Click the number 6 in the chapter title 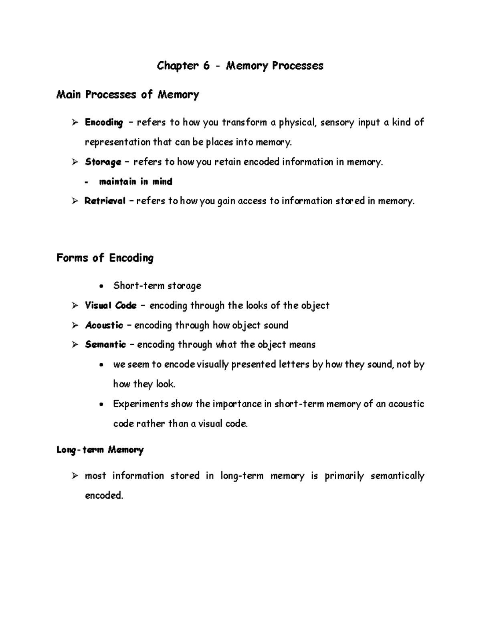(206, 66)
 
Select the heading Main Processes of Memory (127, 95)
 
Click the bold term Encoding (104, 123)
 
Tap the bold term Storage (103, 162)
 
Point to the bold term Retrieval (105, 201)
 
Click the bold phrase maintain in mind (135, 182)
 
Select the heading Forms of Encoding (105, 258)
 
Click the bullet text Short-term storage (157, 286)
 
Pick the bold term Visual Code (111, 306)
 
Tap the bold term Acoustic (104, 325)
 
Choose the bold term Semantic (105, 345)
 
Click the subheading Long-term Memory (100, 450)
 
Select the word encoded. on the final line (104, 496)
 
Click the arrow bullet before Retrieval (75, 201)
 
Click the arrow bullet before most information (75, 476)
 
